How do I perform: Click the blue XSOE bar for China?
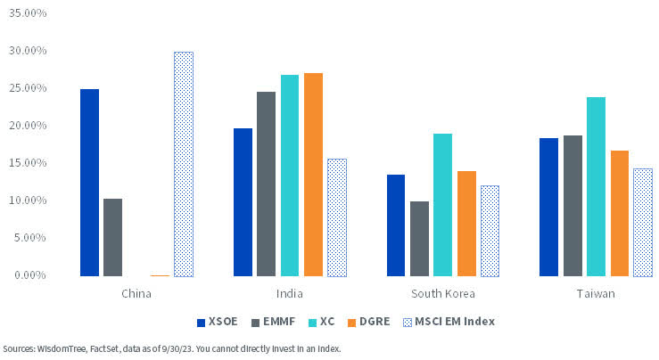[89, 183]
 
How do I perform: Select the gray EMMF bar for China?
[112, 237]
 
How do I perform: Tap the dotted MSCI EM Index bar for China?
[183, 164]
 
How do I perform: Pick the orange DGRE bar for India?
[313, 175]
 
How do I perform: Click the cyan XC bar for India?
[290, 176]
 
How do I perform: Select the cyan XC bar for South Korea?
[442, 205]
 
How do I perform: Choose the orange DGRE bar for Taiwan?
[619, 213]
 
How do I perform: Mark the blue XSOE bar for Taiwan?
[548, 207]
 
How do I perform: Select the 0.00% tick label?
[31, 275]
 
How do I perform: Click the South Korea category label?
[443, 293]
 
